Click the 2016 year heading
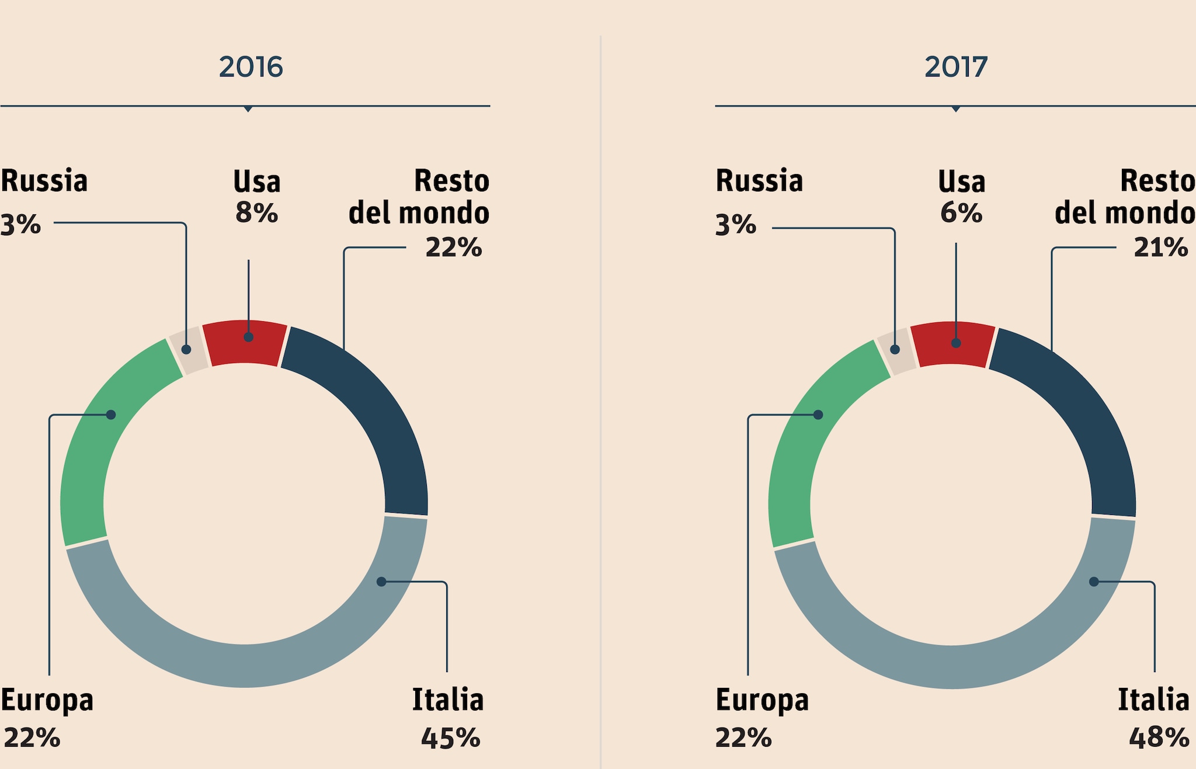tap(251, 67)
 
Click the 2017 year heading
tap(956, 67)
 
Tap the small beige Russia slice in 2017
tap(896, 352)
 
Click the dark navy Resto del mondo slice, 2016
tap(374, 409)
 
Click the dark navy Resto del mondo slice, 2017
tap(1080, 409)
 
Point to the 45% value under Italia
tap(450, 738)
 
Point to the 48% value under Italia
tap(1159, 738)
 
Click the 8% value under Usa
tap(256, 213)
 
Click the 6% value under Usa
tap(961, 213)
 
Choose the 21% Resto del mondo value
tap(1160, 248)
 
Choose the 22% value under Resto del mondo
tap(453, 248)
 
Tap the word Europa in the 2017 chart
tap(762, 700)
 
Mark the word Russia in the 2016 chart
tap(44, 180)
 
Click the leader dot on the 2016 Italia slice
tap(381, 582)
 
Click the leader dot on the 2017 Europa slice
tap(818, 415)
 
